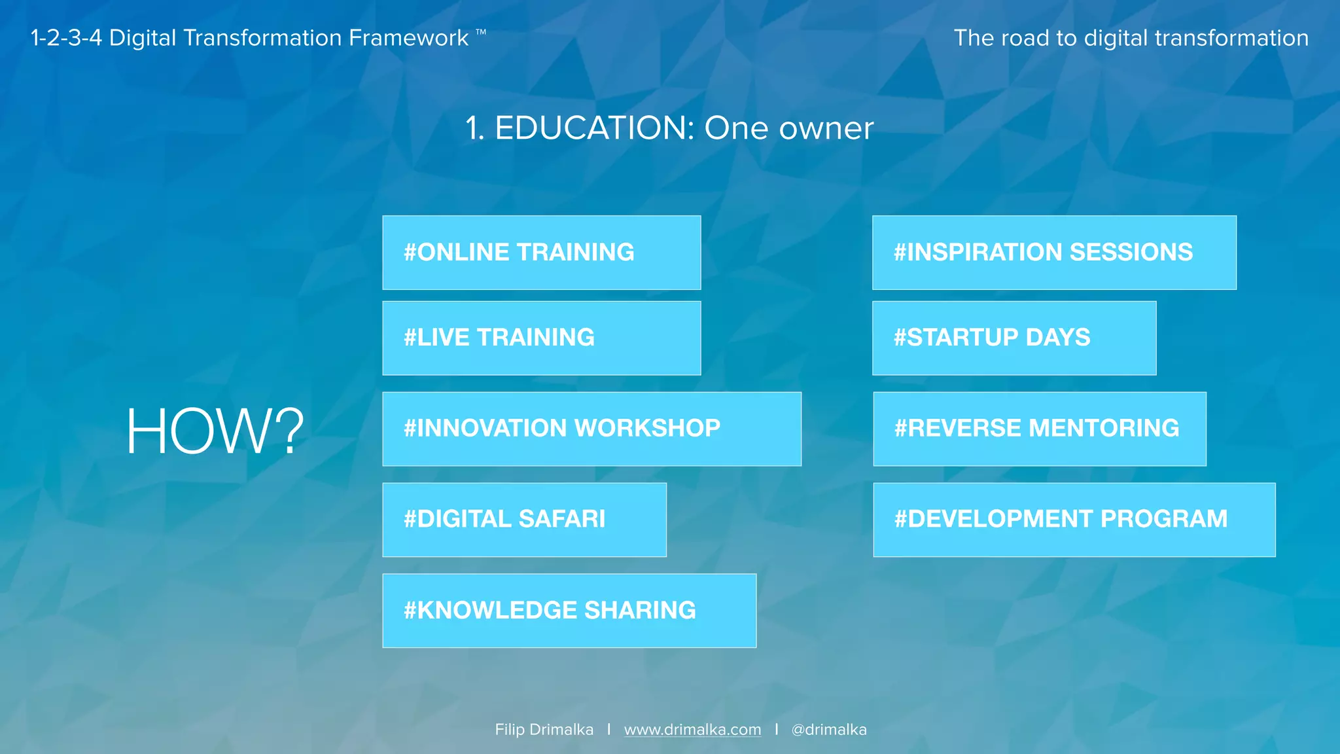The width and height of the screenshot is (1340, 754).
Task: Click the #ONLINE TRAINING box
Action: pyautogui.click(x=541, y=253)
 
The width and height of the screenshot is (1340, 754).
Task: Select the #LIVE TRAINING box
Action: pyautogui.click(x=541, y=338)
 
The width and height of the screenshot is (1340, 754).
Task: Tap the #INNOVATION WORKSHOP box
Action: pyautogui.click(x=591, y=429)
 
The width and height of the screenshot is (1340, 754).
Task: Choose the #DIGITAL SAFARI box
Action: pyautogui.click(x=524, y=520)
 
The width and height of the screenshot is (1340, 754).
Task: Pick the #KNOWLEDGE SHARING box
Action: pyautogui.click(x=569, y=611)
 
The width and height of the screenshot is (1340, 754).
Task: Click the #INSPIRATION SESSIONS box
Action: pyautogui.click(x=1054, y=253)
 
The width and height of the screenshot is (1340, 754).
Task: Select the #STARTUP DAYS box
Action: pyautogui.click(x=1014, y=338)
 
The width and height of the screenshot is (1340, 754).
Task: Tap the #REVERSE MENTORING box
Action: pyautogui.click(x=1040, y=429)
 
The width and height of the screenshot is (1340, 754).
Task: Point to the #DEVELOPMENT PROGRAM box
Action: pyautogui.click(x=1074, y=520)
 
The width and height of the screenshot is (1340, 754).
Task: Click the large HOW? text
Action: pyautogui.click(x=215, y=431)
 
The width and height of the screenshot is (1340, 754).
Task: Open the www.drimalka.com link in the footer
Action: pyautogui.click(x=692, y=730)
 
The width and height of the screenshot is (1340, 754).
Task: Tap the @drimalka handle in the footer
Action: pyautogui.click(x=829, y=730)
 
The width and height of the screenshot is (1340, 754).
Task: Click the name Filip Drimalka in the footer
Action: pyautogui.click(x=544, y=730)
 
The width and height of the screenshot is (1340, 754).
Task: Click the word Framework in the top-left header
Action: pyautogui.click(x=408, y=38)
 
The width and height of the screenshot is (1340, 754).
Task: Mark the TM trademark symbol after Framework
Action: pyautogui.click(x=481, y=31)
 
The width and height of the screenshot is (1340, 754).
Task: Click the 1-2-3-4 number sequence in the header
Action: pyautogui.click(x=66, y=38)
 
